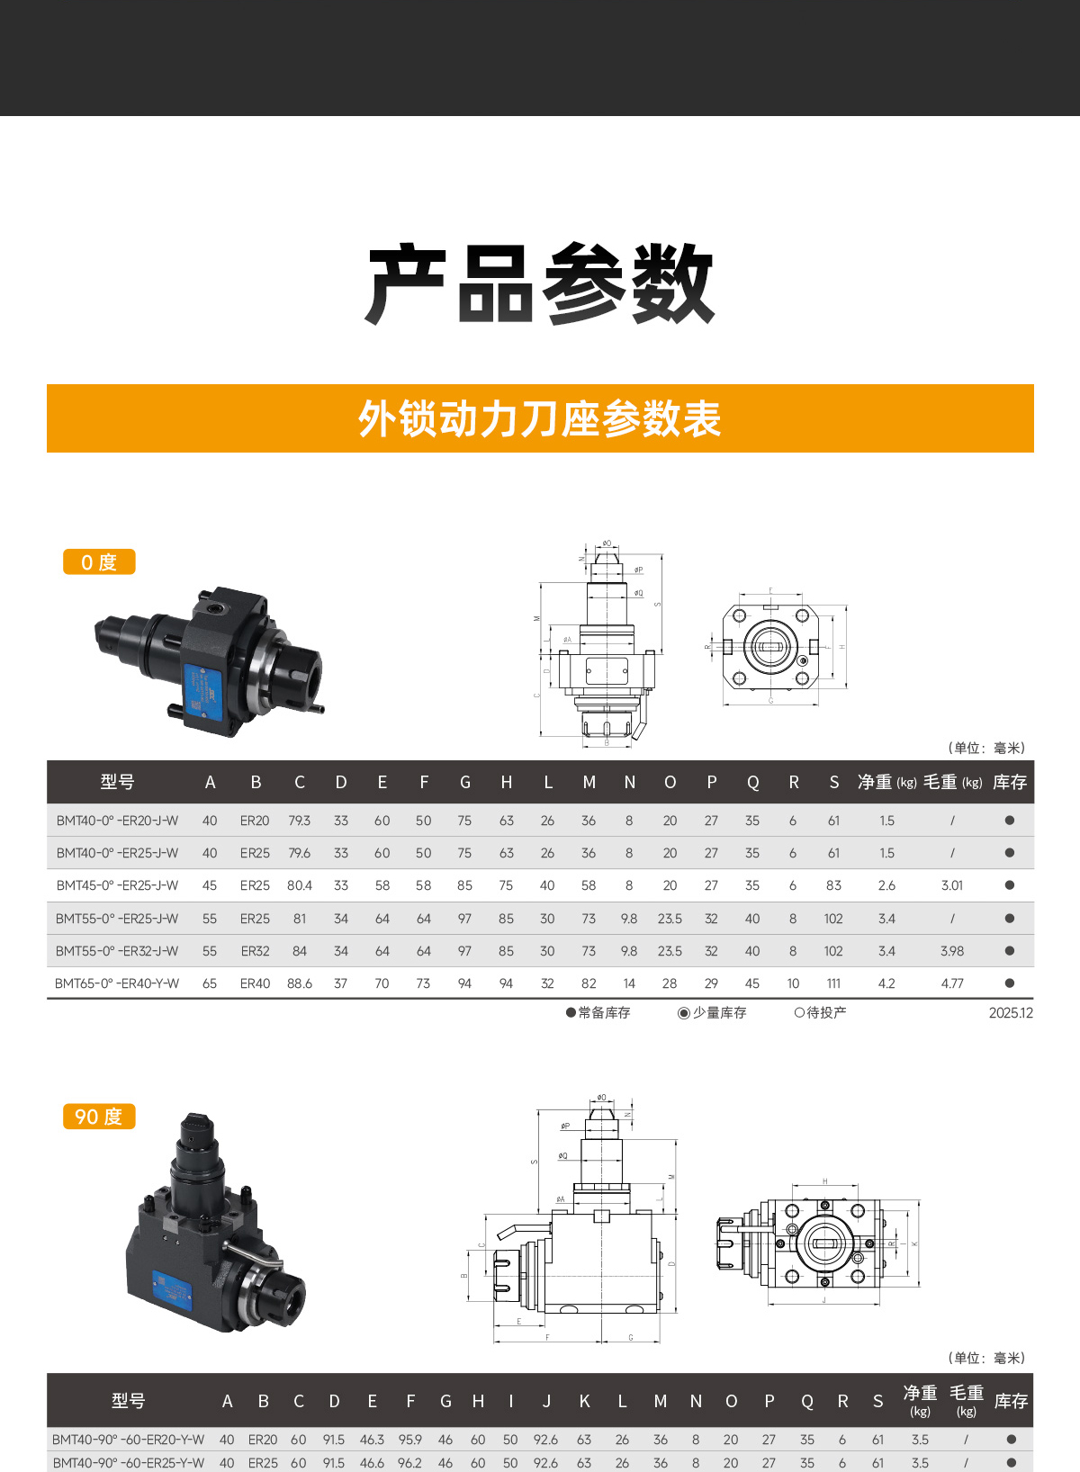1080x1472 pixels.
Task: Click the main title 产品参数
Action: click(x=539, y=284)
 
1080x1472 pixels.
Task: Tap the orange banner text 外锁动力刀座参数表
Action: click(x=539, y=419)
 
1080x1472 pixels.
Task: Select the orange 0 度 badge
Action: click(x=99, y=562)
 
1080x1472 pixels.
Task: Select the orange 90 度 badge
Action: click(x=99, y=1117)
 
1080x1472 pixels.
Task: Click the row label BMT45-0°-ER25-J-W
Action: click(x=117, y=885)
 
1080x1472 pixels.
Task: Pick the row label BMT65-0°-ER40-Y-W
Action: click(x=117, y=983)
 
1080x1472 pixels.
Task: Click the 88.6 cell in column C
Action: click(x=300, y=983)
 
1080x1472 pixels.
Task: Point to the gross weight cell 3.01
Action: click(x=951, y=885)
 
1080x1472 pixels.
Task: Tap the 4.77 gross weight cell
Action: click(x=951, y=983)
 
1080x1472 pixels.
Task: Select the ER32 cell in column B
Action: click(x=255, y=951)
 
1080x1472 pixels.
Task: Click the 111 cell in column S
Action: click(x=833, y=983)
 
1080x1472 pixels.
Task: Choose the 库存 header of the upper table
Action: click(x=1009, y=783)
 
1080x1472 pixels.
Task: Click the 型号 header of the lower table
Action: click(x=128, y=1401)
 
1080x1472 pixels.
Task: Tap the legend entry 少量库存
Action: click(x=718, y=1013)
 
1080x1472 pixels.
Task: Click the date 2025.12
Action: click(x=1011, y=1013)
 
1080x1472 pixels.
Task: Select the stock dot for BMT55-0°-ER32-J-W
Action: click(x=1009, y=951)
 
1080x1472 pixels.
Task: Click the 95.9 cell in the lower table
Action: click(x=409, y=1440)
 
